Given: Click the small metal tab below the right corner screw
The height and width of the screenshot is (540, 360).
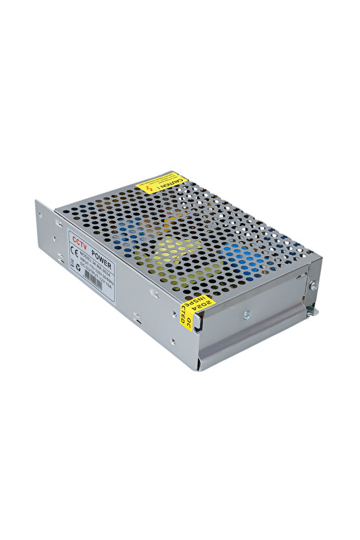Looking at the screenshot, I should [x=312, y=312].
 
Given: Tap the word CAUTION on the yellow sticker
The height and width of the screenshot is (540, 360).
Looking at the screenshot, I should [x=172, y=182].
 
